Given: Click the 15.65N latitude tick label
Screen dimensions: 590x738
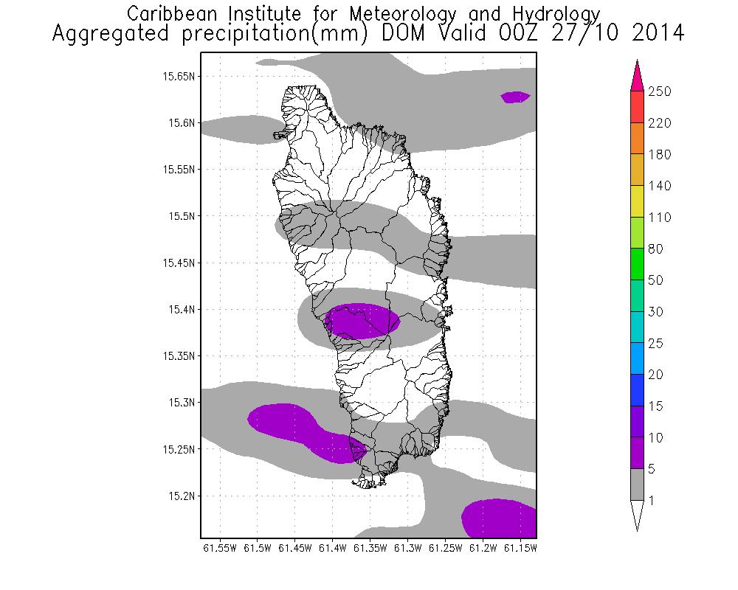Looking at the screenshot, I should (180, 76).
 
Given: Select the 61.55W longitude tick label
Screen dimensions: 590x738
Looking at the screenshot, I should (219, 548).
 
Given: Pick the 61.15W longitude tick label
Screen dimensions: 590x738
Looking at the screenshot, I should (520, 548).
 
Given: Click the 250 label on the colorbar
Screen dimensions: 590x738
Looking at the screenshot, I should (659, 91).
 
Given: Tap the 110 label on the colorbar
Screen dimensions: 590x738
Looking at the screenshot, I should (659, 218).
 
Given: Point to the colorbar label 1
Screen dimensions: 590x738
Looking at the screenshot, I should (652, 501).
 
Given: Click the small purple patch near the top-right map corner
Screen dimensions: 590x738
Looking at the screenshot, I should (515, 97).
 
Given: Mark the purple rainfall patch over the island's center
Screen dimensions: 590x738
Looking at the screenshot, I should (362, 321).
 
